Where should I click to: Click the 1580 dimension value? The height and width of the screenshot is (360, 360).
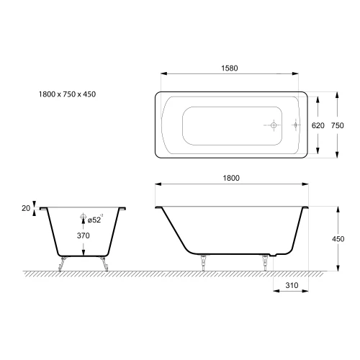[230, 68]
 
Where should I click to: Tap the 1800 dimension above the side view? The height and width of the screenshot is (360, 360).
[231, 178]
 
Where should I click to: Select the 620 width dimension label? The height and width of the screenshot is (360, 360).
[318, 125]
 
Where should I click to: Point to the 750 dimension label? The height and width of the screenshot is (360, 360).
[338, 125]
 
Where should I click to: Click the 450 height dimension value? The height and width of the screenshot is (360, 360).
[338, 239]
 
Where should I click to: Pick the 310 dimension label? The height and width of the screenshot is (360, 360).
[292, 285]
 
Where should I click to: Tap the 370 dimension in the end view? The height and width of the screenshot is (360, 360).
[84, 235]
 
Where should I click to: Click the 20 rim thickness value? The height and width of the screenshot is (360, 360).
[26, 208]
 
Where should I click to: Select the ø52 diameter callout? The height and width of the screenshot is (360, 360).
[95, 220]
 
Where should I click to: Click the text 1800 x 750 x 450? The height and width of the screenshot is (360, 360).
[67, 94]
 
